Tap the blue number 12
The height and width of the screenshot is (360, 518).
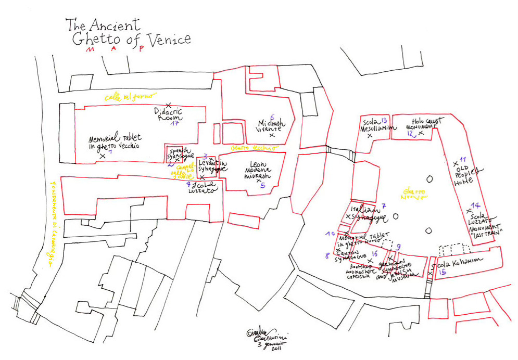pos(411,134)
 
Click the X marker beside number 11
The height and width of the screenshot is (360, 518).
pos(456,163)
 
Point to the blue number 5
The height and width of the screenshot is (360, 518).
pos(263,185)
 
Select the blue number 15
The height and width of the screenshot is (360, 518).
pos(443,272)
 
